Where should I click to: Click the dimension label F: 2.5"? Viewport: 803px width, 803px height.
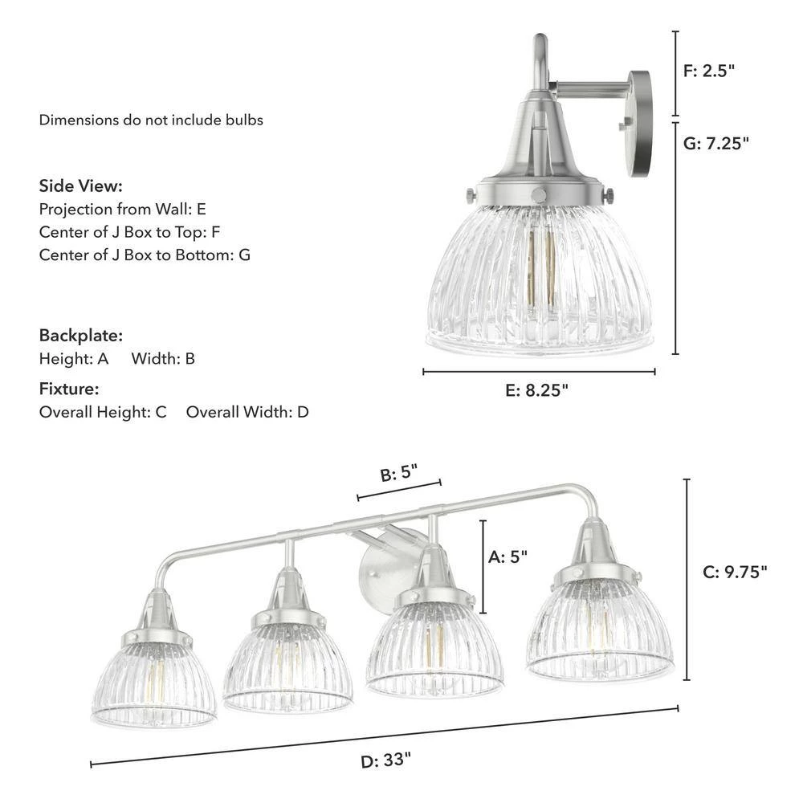pyautogui.click(x=709, y=71)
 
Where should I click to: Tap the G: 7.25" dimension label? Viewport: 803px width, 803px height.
pyautogui.click(x=716, y=143)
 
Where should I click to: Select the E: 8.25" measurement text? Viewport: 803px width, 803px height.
pyautogui.click(x=537, y=391)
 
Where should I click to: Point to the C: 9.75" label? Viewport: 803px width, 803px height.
pyautogui.click(x=735, y=572)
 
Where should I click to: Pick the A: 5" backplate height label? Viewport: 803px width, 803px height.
pyautogui.click(x=508, y=556)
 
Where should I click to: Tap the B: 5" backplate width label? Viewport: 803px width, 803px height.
pyautogui.click(x=400, y=475)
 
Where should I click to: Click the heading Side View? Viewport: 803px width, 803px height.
pyautogui.click(x=81, y=186)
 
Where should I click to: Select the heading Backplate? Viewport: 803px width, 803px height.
pyautogui.click(x=81, y=336)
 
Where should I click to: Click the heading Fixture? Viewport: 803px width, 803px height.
pyautogui.click(x=69, y=389)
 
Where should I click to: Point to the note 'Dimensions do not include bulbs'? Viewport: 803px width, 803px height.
pyautogui.click(x=151, y=120)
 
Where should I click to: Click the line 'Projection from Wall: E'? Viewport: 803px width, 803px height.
pyautogui.click(x=123, y=210)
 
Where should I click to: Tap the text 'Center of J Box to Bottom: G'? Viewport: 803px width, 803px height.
pyautogui.click(x=145, y=255)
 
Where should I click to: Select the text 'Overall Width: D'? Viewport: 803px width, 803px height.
pyautogui.click(x=247, y=413)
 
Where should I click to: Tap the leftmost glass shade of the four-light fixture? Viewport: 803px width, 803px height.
pyautogui.click(x=155, y=683)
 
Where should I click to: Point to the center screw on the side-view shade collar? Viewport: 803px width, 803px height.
pyautogui.click(x=540, y=195)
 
